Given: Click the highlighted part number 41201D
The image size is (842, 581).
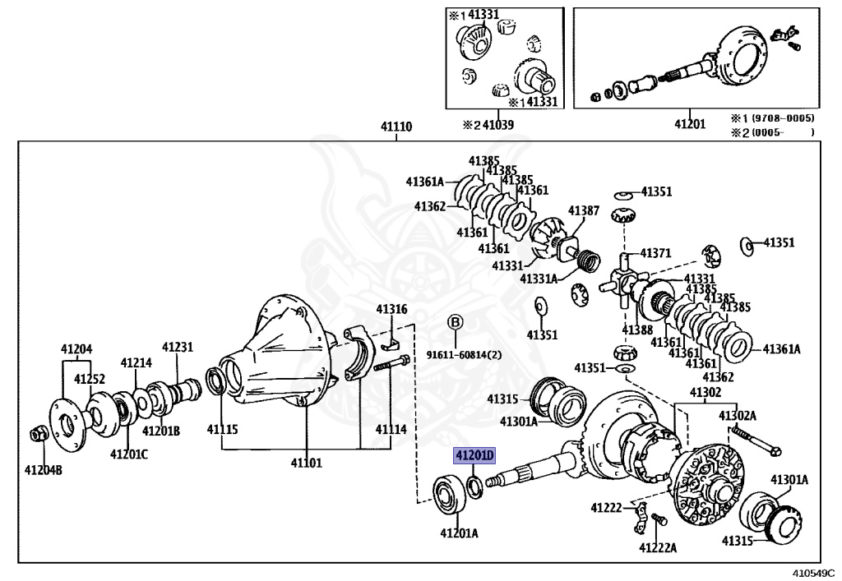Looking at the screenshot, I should [476, 455].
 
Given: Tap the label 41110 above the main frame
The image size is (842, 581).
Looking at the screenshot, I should [396, 127].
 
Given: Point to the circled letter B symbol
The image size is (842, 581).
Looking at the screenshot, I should [455, 321].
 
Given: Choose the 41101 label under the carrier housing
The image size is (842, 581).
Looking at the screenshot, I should [306, 463].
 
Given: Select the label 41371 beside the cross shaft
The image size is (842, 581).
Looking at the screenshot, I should [656, 253].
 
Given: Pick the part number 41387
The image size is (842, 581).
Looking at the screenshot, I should [583, 211].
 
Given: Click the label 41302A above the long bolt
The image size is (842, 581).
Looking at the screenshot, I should [737, 416].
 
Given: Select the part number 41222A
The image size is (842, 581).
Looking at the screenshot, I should [659, 547].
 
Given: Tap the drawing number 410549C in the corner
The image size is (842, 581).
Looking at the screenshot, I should [816, 571].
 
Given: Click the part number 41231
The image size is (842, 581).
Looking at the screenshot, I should [177, 348].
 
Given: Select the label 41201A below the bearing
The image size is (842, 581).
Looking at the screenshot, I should [459, 533].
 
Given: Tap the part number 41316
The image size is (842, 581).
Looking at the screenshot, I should [391, 309].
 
